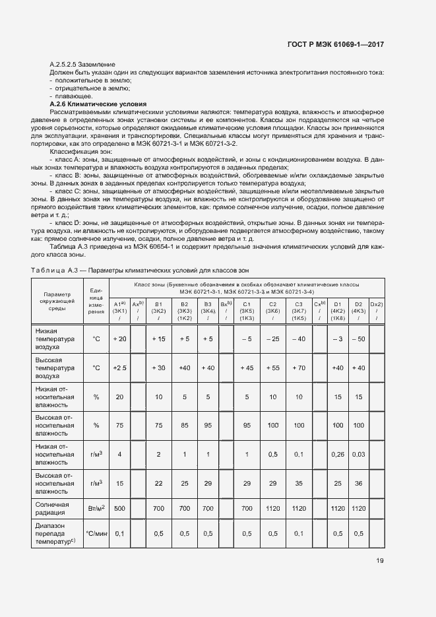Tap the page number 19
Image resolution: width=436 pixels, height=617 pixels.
(x=380, y=561)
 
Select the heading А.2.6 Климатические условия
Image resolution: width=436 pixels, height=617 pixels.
(x=98, y=105)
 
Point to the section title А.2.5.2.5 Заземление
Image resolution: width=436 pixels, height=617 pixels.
(x=82, y=63)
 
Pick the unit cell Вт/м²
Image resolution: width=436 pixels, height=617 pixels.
(x=96, y=508)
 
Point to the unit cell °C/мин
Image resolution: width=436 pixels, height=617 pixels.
(x=96, y=533)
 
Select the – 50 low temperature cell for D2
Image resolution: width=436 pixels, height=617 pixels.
(x=359, y=339)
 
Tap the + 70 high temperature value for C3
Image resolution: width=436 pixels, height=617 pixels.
(x=298, y=368)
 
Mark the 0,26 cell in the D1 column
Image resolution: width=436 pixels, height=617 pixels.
(x=338, y=455)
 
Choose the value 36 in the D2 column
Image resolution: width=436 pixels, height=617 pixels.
(x=359, y=484)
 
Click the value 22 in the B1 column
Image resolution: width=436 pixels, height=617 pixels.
(x=158, y=484)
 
